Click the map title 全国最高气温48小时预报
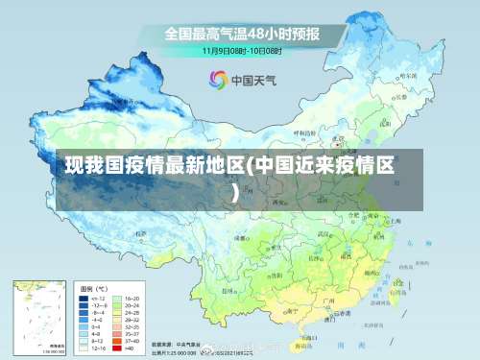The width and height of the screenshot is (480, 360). pos(242,33)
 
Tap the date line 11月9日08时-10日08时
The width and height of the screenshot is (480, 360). pos(242,49)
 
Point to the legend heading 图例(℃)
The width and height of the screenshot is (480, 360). pos(93,288)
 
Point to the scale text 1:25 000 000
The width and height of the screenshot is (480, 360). pos(173,352)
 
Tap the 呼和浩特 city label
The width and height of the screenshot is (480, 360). pos(303,132)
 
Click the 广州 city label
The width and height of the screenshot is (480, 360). pos(327,300)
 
